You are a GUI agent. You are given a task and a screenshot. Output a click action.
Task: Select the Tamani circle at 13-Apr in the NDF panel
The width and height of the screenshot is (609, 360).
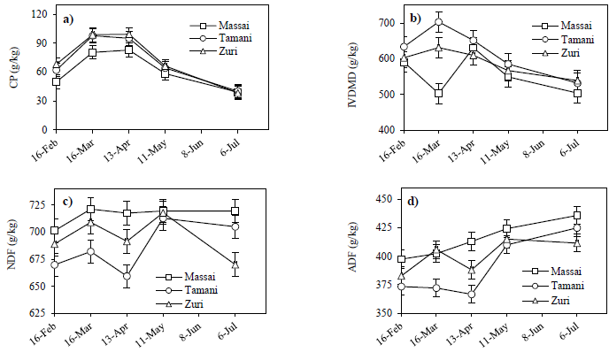(127, 277)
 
